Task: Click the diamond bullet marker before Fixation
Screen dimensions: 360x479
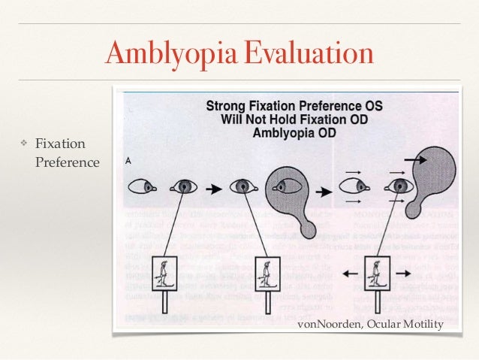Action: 23,143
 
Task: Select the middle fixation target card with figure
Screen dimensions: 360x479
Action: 267,274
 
